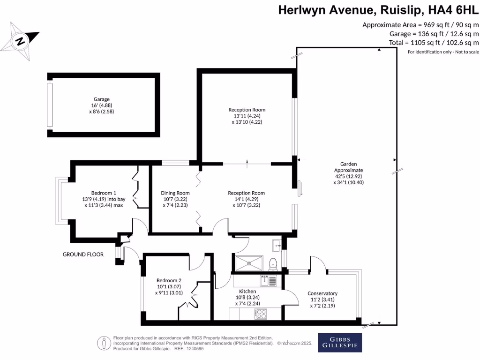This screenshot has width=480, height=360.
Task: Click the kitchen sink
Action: click(x=268, y=280)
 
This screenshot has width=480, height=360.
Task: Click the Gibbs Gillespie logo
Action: click(x=340, y=342)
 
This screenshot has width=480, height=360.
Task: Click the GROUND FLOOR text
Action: click(x=83, y=255)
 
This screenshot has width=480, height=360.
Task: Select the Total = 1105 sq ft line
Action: click(x=434, y=43)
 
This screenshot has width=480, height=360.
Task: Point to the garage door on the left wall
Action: click(x=50, y=105)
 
